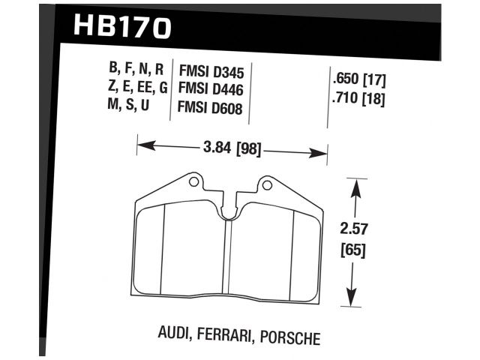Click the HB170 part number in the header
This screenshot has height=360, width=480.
pyautogui.click(x=123, y=27)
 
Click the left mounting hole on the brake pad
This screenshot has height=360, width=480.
pyautogui.click(x=193, y=181)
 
